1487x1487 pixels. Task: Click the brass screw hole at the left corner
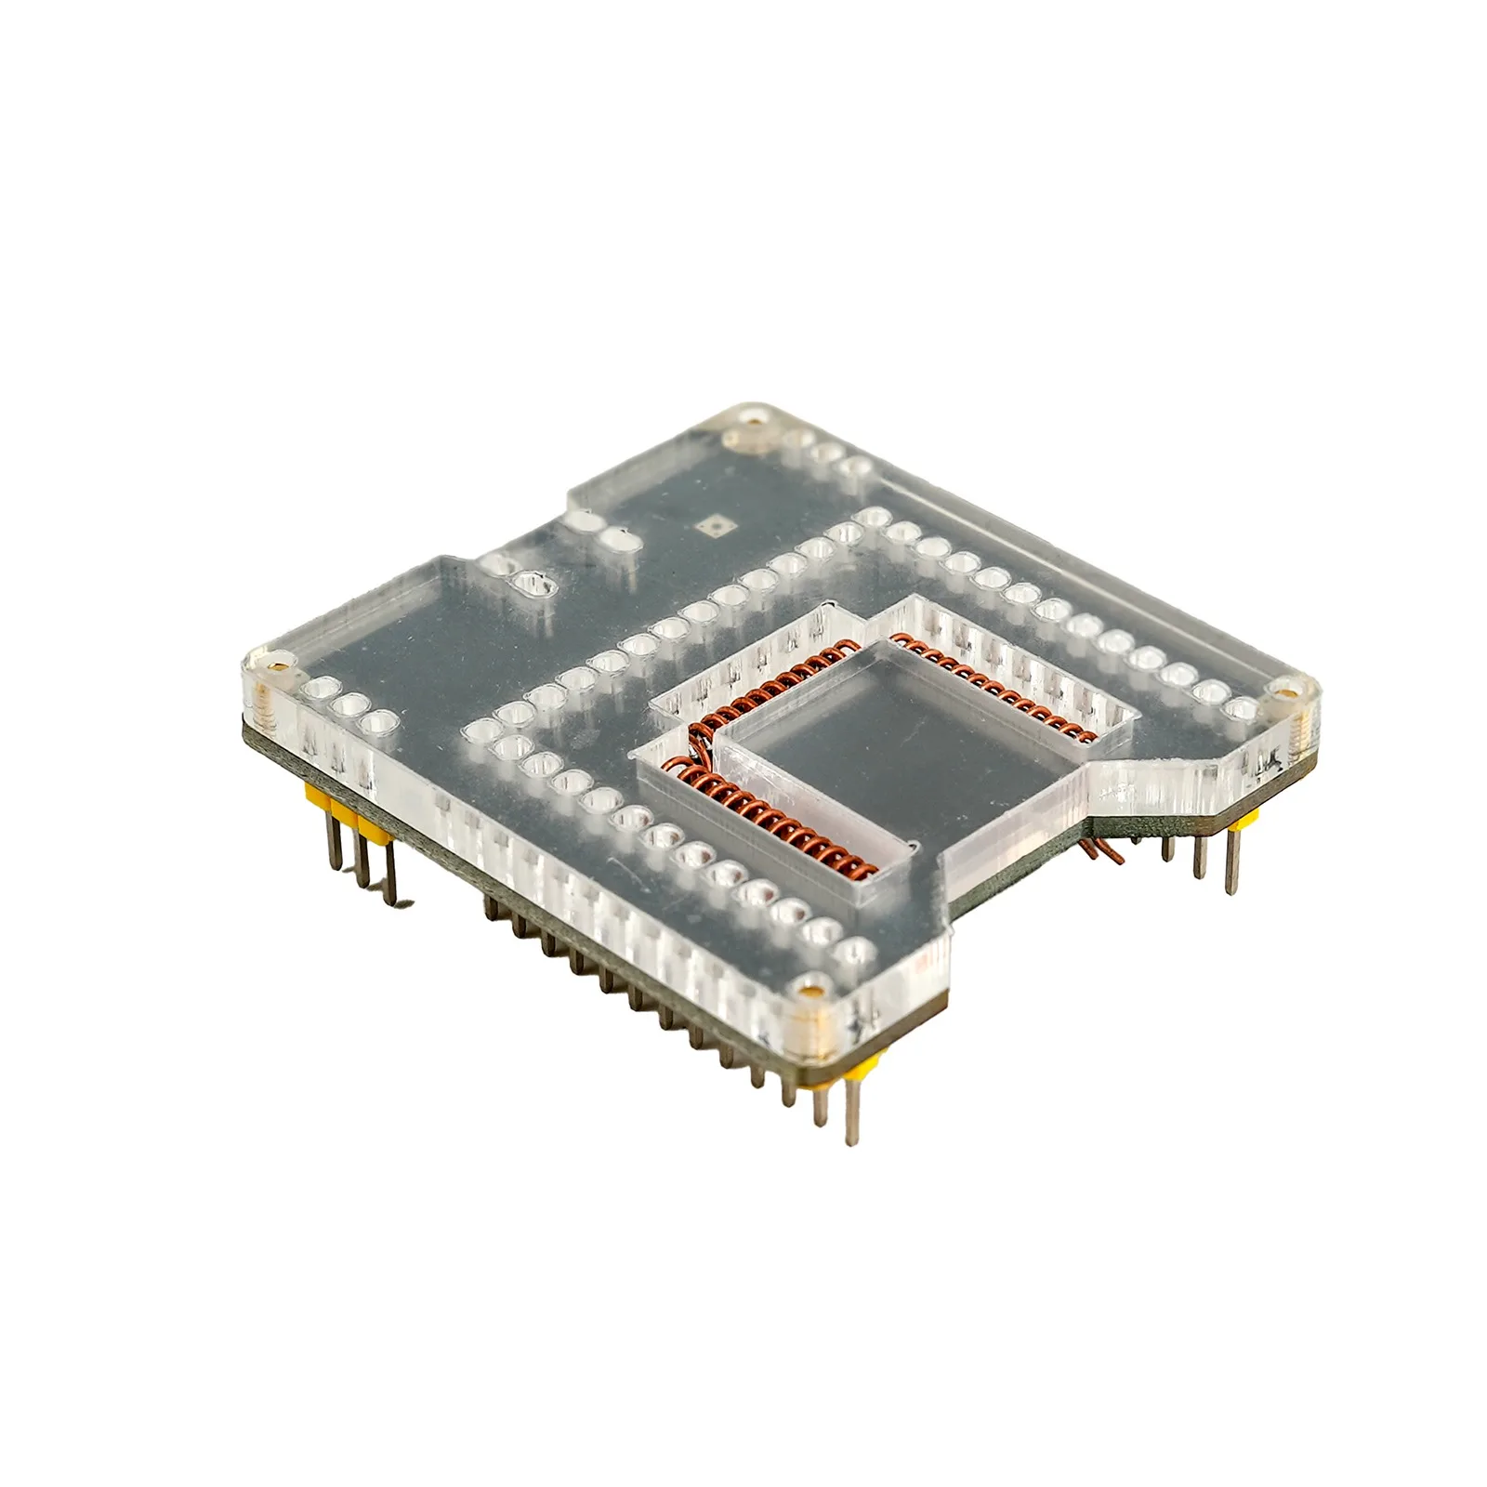[x=276, y=665]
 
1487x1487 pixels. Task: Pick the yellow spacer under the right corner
[x=1245, y=818]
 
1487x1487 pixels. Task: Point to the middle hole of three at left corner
[x=349, y=704]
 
